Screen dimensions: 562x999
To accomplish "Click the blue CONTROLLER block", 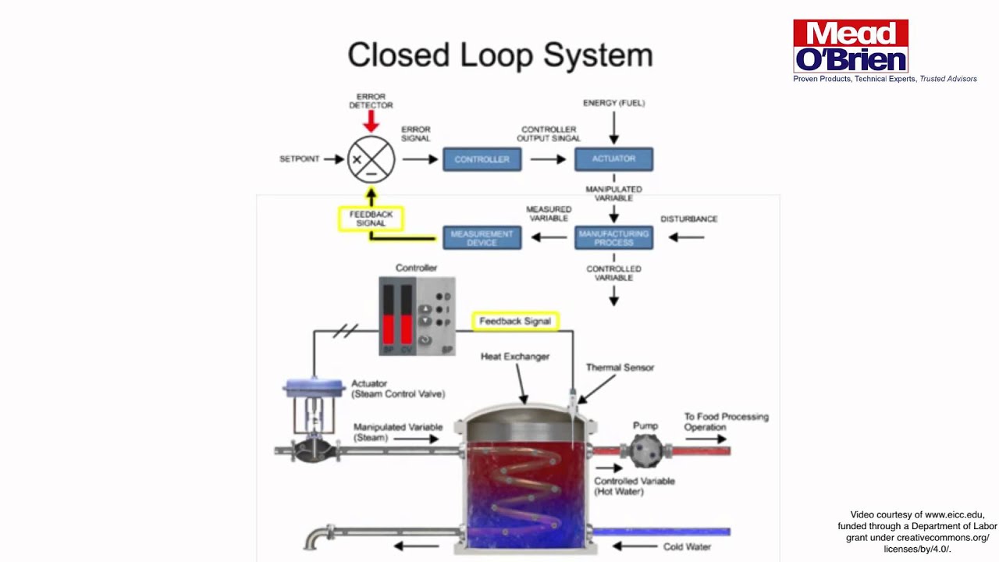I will pyautogui.click(x=482, y=159).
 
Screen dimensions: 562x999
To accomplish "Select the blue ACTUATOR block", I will pyautogui.click(x=613, y=159).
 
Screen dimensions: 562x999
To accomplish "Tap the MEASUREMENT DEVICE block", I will pyautogui.click(x=482, y=237).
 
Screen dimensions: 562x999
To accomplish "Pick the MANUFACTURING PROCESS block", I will pyautogui.click(x=613, y=237).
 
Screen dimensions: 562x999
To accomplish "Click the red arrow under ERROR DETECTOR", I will pyautogui.click(x=372, y=121).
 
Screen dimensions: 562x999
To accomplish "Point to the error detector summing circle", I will pyautogui.click(x=372, y=159).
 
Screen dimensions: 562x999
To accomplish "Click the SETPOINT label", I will pyautogui.click(x=300, y=159).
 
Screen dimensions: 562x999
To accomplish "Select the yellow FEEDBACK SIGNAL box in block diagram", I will pyautogui.click(x=371, y=219).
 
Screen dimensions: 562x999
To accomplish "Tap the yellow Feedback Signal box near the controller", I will pyautogui.click(x=515, y=321).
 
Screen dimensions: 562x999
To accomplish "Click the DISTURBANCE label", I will pyautogui.click(x=688, y=219).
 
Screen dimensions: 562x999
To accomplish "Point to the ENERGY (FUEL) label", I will pyautogui.click(x=613, y=103).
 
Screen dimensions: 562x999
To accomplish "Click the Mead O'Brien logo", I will pyautogui.click(x=851, y=47).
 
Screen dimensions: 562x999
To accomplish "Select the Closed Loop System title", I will pyautogui.click(x=499, y=55).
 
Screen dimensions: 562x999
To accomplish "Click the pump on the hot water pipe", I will pyautogui.click(x=645, y=450).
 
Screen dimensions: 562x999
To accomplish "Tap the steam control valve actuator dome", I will pyautogui.click(x=315, y=386).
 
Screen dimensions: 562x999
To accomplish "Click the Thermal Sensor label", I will pyautogui.click(x=620, y=368).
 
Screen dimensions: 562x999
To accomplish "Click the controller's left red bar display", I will pyautogui.click(x=388, y=314).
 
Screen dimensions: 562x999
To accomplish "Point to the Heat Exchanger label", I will pyautogui.click(x=514, y=357).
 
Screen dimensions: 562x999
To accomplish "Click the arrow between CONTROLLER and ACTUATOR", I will pyautogui.click(x=548, y=159).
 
